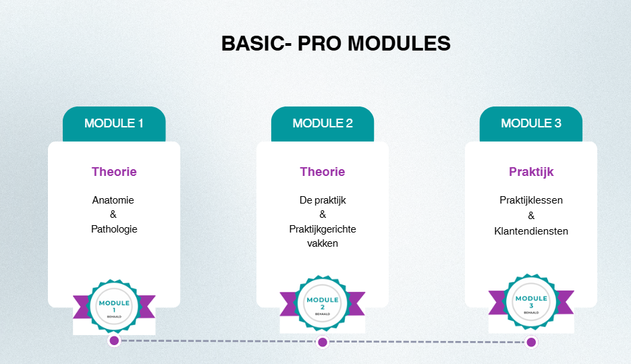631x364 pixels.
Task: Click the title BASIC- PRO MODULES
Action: click(x=335, y=43)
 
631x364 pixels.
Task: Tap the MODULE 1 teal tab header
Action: click(x=114, y=124)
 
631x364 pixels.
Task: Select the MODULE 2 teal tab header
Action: click(x=323, y=124)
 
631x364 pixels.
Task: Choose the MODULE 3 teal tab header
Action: click(x=531, y=124)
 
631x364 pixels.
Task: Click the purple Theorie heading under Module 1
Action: click(x=114, y=172)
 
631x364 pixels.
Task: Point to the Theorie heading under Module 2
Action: click(x=323, y=172)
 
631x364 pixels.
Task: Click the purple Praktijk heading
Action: click(x=531, y=172)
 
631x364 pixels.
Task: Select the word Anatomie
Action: click(x=113, y=200)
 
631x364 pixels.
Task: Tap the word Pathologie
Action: click(x=114, y=229)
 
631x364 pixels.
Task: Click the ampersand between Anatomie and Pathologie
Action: click(x=113, y=214)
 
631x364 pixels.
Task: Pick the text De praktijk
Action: click(x=323, y=200)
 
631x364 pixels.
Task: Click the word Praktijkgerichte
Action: click(x=323, y=229)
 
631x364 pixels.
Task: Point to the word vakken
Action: click(x=323, y=243)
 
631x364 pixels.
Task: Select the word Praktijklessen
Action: click(x=531, y=200)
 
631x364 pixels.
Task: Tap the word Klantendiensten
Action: click(x=531, y=231)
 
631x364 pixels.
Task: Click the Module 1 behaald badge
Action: click(x=114, y=307)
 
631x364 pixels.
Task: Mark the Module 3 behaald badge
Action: click(x=531, y=302)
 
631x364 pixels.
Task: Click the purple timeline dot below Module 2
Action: click(x=323, y=342)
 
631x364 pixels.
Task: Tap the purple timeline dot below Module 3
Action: click(x=531, y=342)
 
